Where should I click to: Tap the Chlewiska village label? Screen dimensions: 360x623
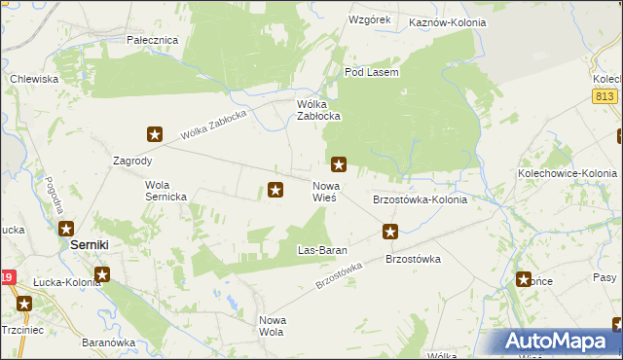click(x=34, y=79)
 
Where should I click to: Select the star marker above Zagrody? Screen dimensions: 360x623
click(x=154, y=134)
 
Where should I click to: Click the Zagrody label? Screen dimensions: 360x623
click(x=133, y=161)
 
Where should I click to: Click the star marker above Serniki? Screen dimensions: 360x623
click(x=65, y=229)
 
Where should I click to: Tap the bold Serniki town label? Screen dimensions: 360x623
click(x=95, y=246)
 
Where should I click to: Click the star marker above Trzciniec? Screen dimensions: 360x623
click(x=24, y=304)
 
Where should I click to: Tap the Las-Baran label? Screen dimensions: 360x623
click(x=322, y=250)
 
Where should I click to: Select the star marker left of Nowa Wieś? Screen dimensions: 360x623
click(x=275, y=191)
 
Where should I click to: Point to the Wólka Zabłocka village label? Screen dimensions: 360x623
click(x=317, y=110)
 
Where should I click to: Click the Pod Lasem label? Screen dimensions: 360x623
click(x=373, y=72)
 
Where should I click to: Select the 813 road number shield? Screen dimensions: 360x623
click(x=605, y=94)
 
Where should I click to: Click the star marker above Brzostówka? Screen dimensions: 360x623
click(x=390, y=231)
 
